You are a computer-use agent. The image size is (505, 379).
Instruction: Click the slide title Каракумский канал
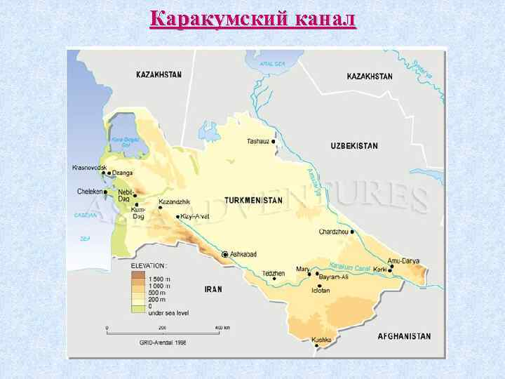(x=252, y=18)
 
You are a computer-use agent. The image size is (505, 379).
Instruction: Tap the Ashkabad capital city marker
(x=225, y=254)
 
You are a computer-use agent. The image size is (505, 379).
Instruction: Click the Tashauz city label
(x=257, y=141)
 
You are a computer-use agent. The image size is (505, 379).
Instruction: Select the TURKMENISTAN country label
(x=253, y=200)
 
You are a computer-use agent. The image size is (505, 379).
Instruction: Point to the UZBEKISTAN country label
(x=353, y=146)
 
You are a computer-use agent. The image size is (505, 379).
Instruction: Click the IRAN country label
(x=213, y=288)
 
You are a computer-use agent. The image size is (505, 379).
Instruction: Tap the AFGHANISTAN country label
(x=404, y=336)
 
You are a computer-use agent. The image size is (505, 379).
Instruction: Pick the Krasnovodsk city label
(x=89, y=168)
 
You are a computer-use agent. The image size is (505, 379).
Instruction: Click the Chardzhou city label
(x=334, y=231)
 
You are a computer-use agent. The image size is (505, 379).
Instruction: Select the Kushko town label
(x=321, y=341)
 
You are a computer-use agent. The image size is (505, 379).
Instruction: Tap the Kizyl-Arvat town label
(x=195, y=216)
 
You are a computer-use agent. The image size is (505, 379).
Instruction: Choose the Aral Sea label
(x=273, y=63)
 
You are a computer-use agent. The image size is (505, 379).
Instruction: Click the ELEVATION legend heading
(x=148, y=266)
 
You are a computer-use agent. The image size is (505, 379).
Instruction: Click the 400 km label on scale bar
(x=222, y=328)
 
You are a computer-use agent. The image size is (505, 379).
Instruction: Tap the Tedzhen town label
(x=273, y=273)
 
